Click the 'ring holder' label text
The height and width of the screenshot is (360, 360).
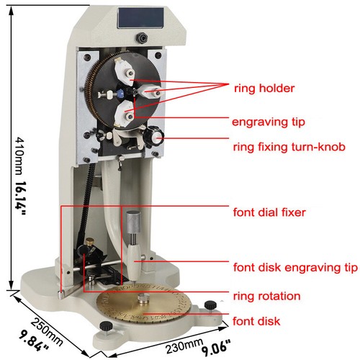(x=264, y=89)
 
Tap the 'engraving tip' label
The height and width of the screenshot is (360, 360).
(x=269, y=122)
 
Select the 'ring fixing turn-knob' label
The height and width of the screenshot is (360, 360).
(x=289, y=147)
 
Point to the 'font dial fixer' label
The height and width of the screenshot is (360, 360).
(x=269, y=212)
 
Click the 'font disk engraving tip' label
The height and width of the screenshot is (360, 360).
(x=295, y=267)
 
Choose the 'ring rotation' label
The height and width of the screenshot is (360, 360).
(x=266, y=296)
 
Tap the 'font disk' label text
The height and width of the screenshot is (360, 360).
(x=256, y=321)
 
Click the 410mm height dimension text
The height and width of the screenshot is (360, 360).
(x=19, y=156)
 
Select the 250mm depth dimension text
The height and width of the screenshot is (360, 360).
(x=47, y=332)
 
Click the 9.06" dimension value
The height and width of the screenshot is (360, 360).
(x=216, y=348)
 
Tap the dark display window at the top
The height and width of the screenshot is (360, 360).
(x=140, y=18)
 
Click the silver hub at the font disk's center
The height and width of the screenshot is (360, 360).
(x=143, y=299)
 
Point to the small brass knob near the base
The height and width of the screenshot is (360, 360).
(x=91, y=242)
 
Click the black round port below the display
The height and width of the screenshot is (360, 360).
(x=142, y=38)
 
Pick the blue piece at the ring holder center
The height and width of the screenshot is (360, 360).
(x=120, y=93)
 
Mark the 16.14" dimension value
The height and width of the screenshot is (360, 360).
(x=20, y=198)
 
